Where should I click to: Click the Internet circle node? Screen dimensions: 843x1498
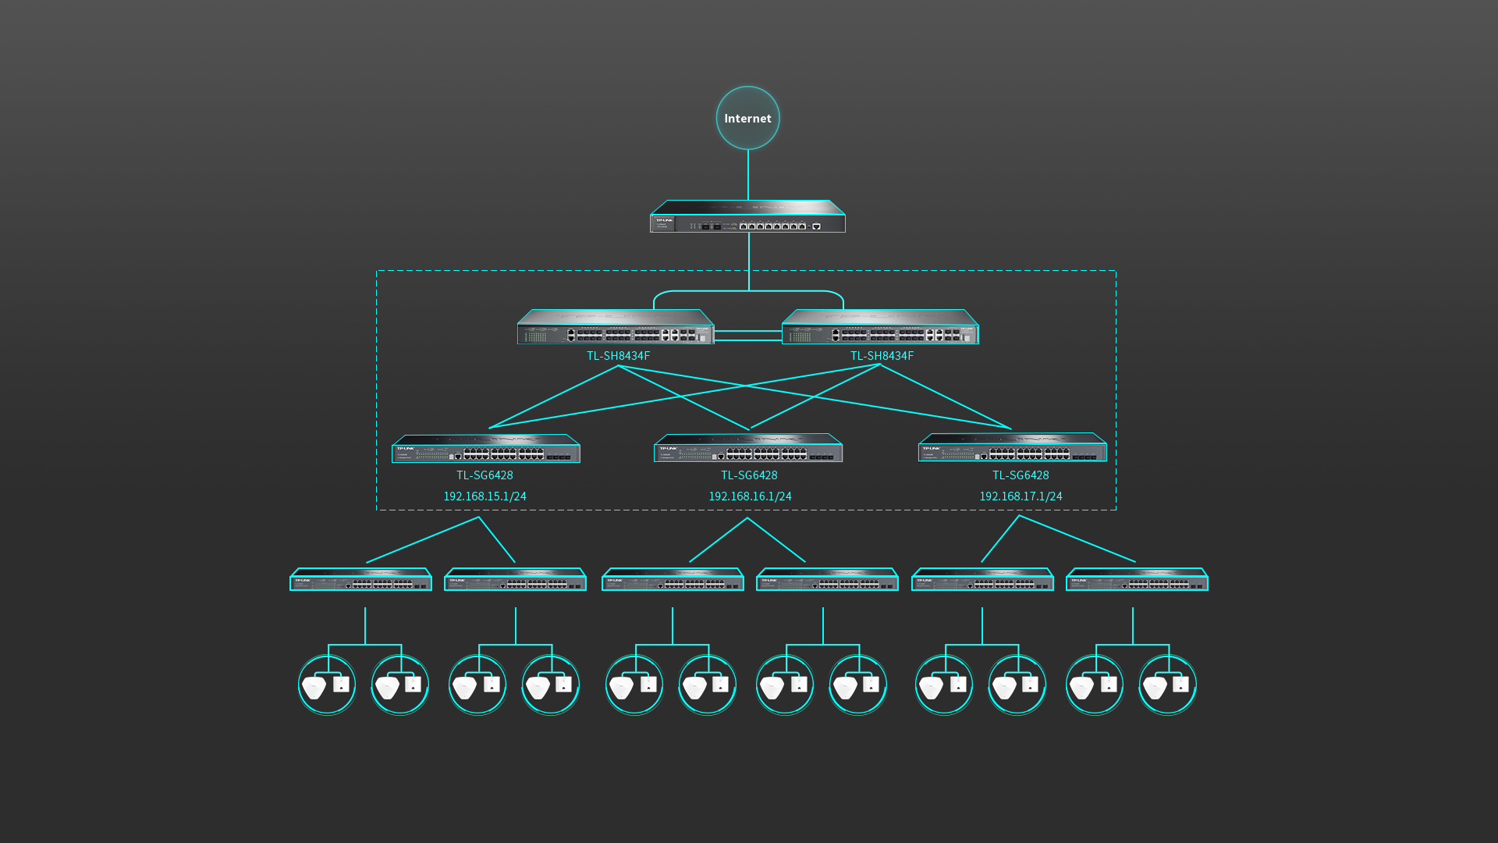(x=747, y=118)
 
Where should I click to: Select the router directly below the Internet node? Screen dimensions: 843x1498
(x=747, y=218)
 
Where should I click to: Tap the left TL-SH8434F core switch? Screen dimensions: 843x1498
(x=616, y=328)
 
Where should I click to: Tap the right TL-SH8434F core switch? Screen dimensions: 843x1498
(x=880, y=328)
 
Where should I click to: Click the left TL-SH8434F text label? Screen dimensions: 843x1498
(x=618, y=356)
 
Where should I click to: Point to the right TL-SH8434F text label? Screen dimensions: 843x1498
(x=882, y=356)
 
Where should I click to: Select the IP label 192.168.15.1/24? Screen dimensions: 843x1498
(x=485, y=496)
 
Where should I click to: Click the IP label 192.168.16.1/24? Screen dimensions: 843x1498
(x=750, y=496)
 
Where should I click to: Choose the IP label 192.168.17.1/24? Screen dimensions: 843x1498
(x=1021, y=496)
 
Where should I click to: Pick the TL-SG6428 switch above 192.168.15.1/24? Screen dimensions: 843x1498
(x=485, y=449)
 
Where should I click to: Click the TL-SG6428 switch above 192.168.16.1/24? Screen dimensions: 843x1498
(x=748, y=448)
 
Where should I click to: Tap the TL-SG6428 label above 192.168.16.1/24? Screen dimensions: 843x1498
(x=749, y=475)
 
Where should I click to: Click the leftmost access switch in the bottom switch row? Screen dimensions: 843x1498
(x=360, y=579)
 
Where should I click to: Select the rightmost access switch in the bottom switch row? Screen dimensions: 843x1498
(x=1137, y=579)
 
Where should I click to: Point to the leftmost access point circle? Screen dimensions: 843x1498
(x=327, y=685)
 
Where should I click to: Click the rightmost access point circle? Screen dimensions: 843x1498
(x=1167, y=685)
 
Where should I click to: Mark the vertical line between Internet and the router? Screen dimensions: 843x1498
(x=748, y=175)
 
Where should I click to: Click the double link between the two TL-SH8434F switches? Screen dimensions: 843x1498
(x=747, y=336)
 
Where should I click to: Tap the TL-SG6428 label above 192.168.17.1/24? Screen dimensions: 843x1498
(x=1021, y=475)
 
